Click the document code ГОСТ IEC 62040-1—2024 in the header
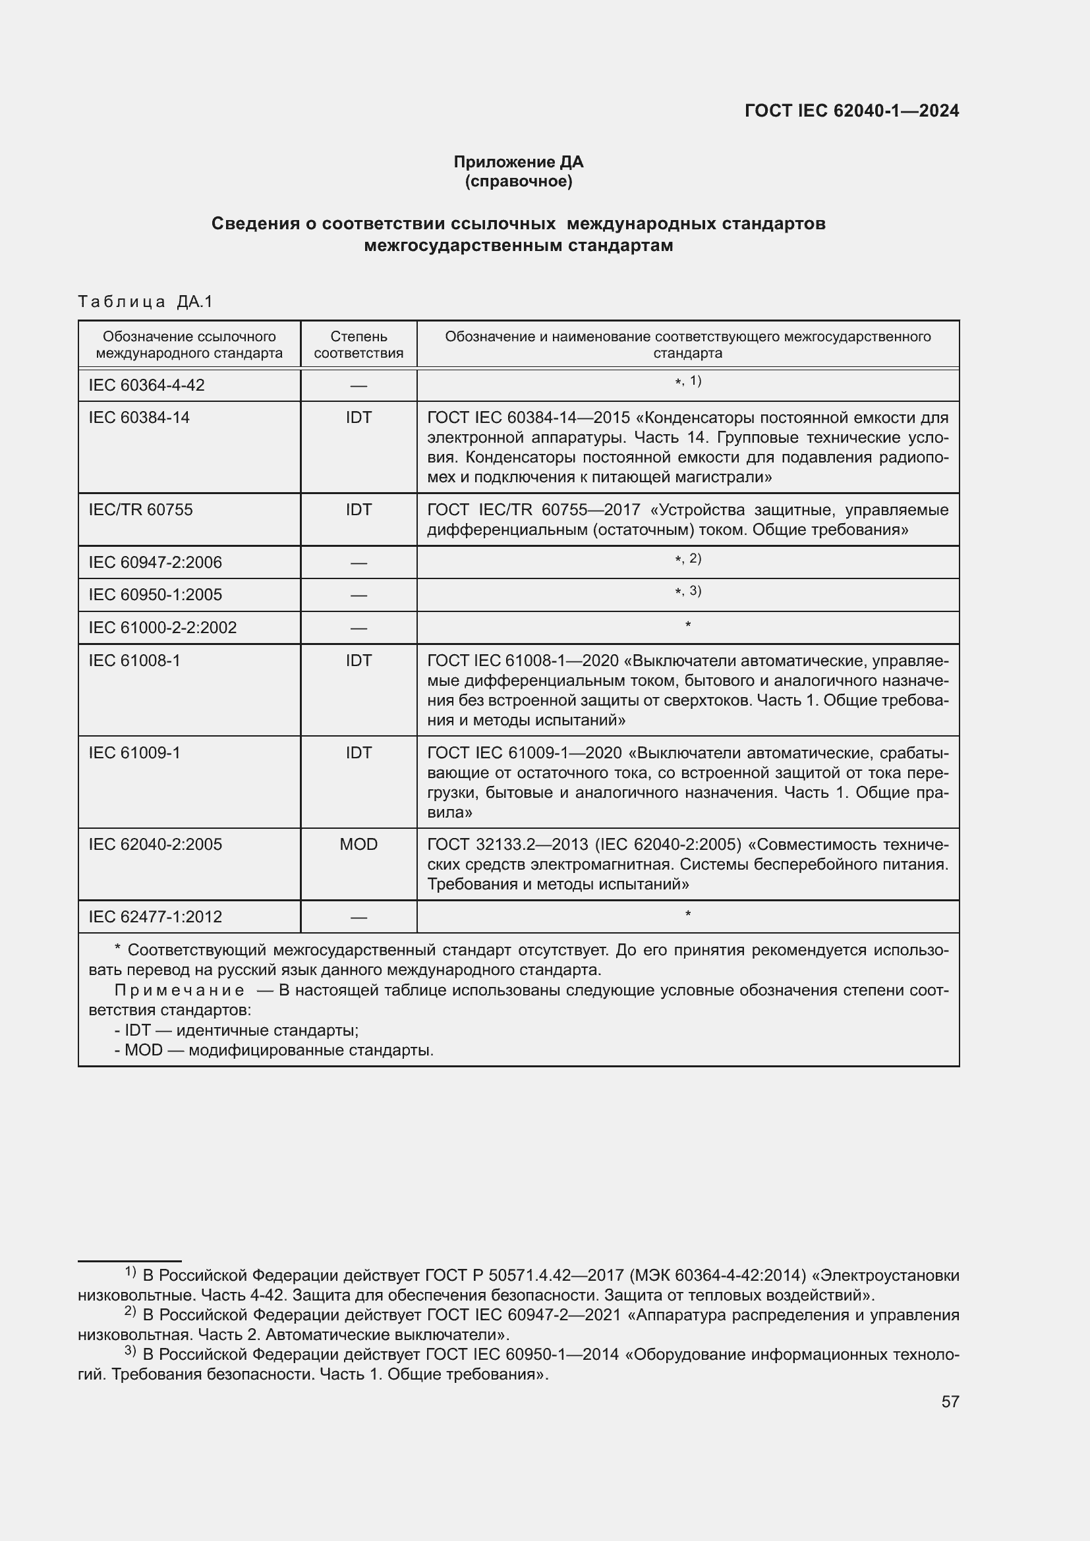click(851, 111)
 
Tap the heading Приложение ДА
click(518, 162)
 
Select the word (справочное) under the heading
click(518, 181)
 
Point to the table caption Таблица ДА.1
click(145, 302)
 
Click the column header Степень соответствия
click(359, 345)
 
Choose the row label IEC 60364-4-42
click(146, 385)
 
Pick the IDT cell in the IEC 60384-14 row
click(359, 418)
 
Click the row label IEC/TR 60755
click(140, 510)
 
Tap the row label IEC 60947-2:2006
click(155, 563)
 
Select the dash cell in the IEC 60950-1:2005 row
click(359, 596)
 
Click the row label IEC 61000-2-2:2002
click(162, 629)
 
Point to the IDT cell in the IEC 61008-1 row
click(359, 661)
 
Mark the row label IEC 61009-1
click(134, 753)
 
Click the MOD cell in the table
click(359, 845)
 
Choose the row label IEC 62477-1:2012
click(155, 917)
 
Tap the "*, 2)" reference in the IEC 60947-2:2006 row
click(688, 559)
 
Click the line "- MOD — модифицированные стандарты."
click(274, 1050)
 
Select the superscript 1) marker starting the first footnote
click(131, 1272)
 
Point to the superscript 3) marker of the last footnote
click(131, 1351)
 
